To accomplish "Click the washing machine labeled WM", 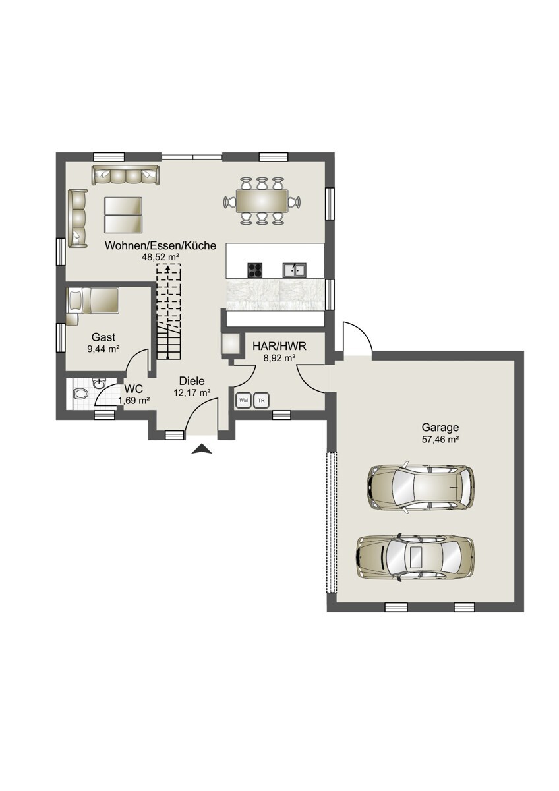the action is pyautogui.click(x=243, y=400).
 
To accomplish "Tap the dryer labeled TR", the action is pyautogui.click(x=261, y=400).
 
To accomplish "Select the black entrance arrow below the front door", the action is pyautogui.click(x=202, y=448).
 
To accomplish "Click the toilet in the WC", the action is pyautogui.click(x=80, y=394).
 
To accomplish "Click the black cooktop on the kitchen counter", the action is pyautogui.click(x=255, y=270).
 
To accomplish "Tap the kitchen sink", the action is pyautogui.click(x=294, y=270).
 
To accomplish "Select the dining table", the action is pyautogui.click(x=262, y=201).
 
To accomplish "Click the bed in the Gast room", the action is pyautogui.click(x=92, y=301).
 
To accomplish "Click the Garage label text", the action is pyautogui.click(x=440, y=428).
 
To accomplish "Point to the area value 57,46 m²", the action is pyautogui.click(x=440, y=440).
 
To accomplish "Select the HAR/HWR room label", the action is pyautogui.click(x=279, y=346).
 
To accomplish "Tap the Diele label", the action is pyautogui.click(x=192, y=381).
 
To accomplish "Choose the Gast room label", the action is pyautogui.click(x=103, y=337).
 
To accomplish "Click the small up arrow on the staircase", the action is pyautogui.click(x=168, y=270).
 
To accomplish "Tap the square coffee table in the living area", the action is pyautogui.click(x=123, y=215).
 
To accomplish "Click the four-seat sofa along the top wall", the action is pyautogui.click(x=125, y=175).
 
